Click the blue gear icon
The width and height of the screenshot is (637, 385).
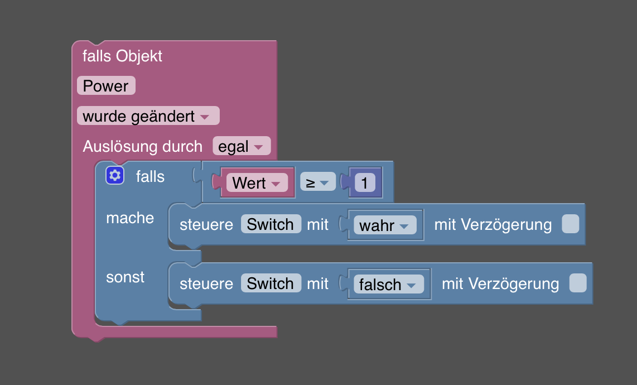coord(115,175)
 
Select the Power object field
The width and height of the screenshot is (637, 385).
coord(106,86)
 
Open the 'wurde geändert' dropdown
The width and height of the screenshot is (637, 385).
coord(148,116)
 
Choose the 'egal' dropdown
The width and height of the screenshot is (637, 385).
coord(242,146)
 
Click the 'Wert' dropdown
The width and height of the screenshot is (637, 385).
coord(257,182)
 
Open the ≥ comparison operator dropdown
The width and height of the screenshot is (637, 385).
coord(318,182)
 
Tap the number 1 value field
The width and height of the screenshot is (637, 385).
coord(364,182)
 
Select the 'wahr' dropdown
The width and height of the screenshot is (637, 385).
coord(385,225)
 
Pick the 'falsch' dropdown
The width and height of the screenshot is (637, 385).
coord(389,284)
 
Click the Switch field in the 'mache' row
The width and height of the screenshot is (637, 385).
coord(271,224)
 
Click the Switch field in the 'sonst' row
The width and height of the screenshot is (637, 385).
coord(271,283)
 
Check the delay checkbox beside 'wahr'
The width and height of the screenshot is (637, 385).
coord(571,224)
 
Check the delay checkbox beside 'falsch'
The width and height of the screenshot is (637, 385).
coord(578,283)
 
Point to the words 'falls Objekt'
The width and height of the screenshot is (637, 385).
coord(122,56)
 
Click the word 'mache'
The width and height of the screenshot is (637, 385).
coord(130,218)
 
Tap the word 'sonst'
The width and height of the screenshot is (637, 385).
coord(125,277)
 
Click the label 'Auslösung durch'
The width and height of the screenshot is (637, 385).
coord(143,146)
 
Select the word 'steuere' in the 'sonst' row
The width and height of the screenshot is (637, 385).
coord(206,283)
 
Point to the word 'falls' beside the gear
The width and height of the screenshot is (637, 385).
coord(150,176)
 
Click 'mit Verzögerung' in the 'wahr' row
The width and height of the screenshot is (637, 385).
coord(493,224)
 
